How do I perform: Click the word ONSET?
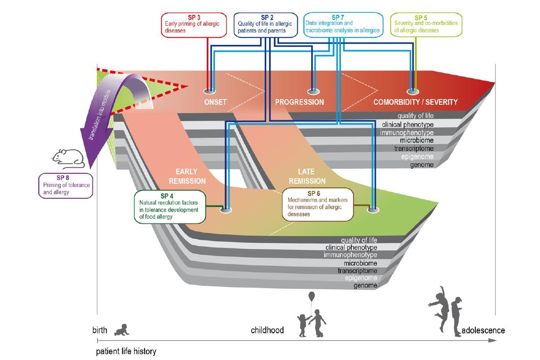click(x=211, y=102)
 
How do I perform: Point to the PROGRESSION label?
click(x=299, y=102)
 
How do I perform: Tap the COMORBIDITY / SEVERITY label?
click(x=416, y=102)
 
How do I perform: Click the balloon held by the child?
click(x=312, y=296)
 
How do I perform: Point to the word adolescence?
click(x=483, y=330)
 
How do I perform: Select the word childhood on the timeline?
click(x=267, y=330)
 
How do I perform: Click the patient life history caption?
click(x=126, y=351)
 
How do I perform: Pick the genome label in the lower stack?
click(x=365, y=286)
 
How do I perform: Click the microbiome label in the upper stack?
click(x=417, y=140)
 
